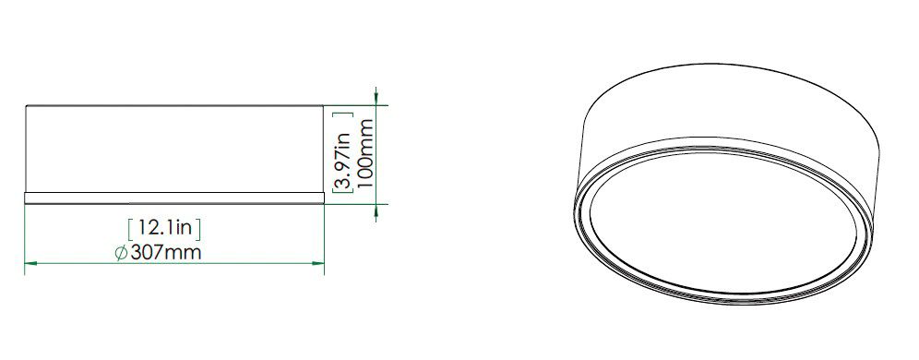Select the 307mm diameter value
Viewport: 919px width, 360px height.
click(x=167, y=253)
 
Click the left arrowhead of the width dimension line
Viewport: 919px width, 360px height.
click(x=30, y=264)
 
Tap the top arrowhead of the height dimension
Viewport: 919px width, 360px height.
click(x=376, y=95)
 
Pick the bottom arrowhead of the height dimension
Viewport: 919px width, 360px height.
click(x=376, y=212)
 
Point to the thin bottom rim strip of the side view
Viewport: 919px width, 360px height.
click(x=174, y=198)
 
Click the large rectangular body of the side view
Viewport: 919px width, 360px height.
click(x=174, y=148)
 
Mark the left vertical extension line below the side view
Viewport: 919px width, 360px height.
click(x=24, y=235)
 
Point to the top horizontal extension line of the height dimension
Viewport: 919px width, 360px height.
click(x=355, y=104)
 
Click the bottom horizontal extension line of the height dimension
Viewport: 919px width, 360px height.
click(x=355, y=203)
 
